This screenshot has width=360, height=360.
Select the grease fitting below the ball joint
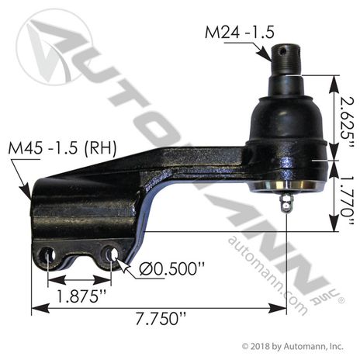(x=287, y=203)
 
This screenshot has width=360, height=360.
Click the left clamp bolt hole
(x=48, y=255)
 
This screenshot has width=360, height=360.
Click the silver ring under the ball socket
(x=287, y=187)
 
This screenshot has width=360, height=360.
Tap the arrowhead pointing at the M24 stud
(x=271, y=54)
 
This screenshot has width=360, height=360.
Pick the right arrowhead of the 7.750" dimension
(x=283, y=309)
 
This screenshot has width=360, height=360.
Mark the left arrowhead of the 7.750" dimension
(x=35, y=309)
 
